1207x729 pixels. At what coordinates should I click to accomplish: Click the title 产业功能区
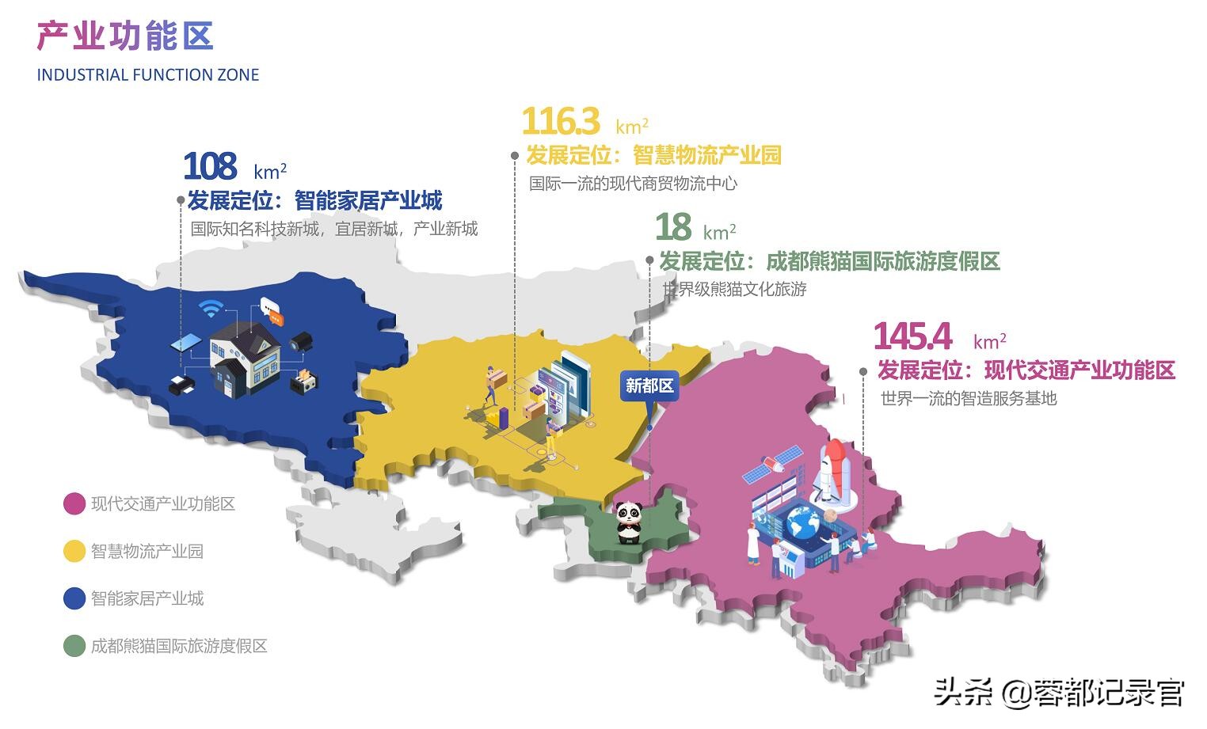[x=125, y=36]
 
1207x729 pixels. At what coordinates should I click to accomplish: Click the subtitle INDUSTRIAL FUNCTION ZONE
[x=148, y=75]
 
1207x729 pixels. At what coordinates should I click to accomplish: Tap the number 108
[x=209, y=166]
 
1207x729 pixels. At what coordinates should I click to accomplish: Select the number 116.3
[x=560, y=121]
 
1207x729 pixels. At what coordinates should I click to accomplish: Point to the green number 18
[x=672, y=227]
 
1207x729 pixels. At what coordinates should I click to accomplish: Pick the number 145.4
[x=912, y=336]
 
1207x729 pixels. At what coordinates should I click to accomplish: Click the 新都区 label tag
[x=649, y=385]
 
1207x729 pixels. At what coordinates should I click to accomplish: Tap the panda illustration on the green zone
[x=629, y=523]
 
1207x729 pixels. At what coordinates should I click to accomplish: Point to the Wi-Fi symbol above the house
[x=211, y=308]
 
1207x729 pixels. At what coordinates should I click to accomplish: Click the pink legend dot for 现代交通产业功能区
[x=74, y=504]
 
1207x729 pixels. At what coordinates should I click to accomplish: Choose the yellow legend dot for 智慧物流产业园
[x=74, y=552]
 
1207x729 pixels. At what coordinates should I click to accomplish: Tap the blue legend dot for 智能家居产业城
[x=74, y=598]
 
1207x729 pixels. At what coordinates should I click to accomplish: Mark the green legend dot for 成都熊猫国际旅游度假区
[x=74, y=646]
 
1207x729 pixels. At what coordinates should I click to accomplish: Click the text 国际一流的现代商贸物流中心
[x=633, y=184]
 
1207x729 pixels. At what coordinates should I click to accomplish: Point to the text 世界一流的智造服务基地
[x=968, y=398]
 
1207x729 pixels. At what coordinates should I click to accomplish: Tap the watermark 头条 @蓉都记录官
[x=1059, y=693]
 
